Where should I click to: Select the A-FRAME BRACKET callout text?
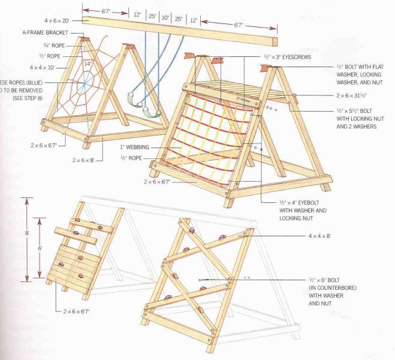tap(45, 32)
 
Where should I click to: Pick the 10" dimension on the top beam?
tap(165, 18)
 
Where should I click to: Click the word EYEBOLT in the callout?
tap(308, 203)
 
